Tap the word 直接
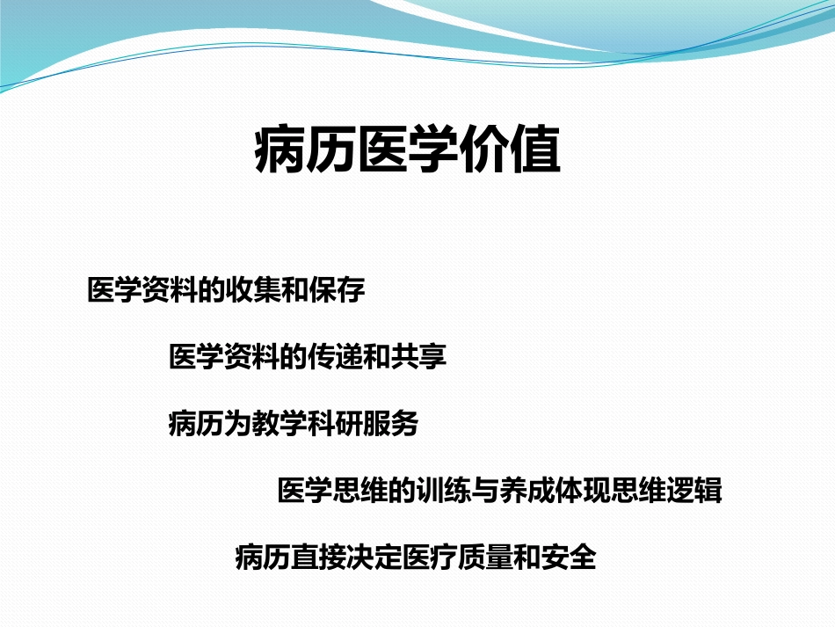[x=319, y=558]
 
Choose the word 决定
[x=374, y=558]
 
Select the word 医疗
[x=430, y=558]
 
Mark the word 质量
[x=485, y=558]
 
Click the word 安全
[x=569, y=558]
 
